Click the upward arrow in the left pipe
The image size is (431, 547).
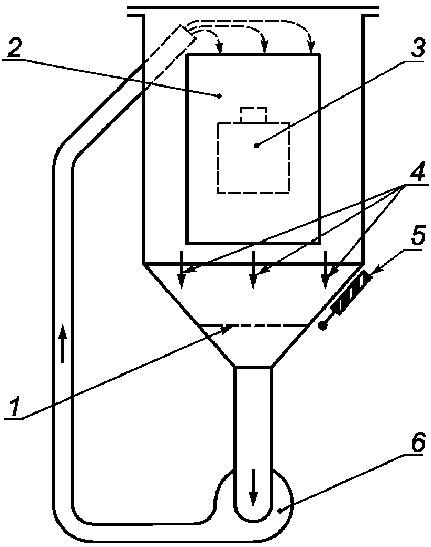[x=62, y=343]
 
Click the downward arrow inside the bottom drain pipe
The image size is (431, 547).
[x=253, y=487]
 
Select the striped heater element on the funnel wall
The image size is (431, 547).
[x=351, y=292]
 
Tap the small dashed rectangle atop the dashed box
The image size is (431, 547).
[x=253, y=115]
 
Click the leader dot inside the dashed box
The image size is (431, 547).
[x=257, y=146]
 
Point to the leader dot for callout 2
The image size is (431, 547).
[x=219, y=95]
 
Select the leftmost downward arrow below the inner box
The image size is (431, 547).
[x=181, y=270]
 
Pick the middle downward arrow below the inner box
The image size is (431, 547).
[x=253, y=270]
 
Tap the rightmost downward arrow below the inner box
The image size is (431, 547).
[x=325, y=270]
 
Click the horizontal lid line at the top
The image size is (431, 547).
[x=253, y=7]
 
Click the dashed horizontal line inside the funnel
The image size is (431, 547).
[x=253, y=325]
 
